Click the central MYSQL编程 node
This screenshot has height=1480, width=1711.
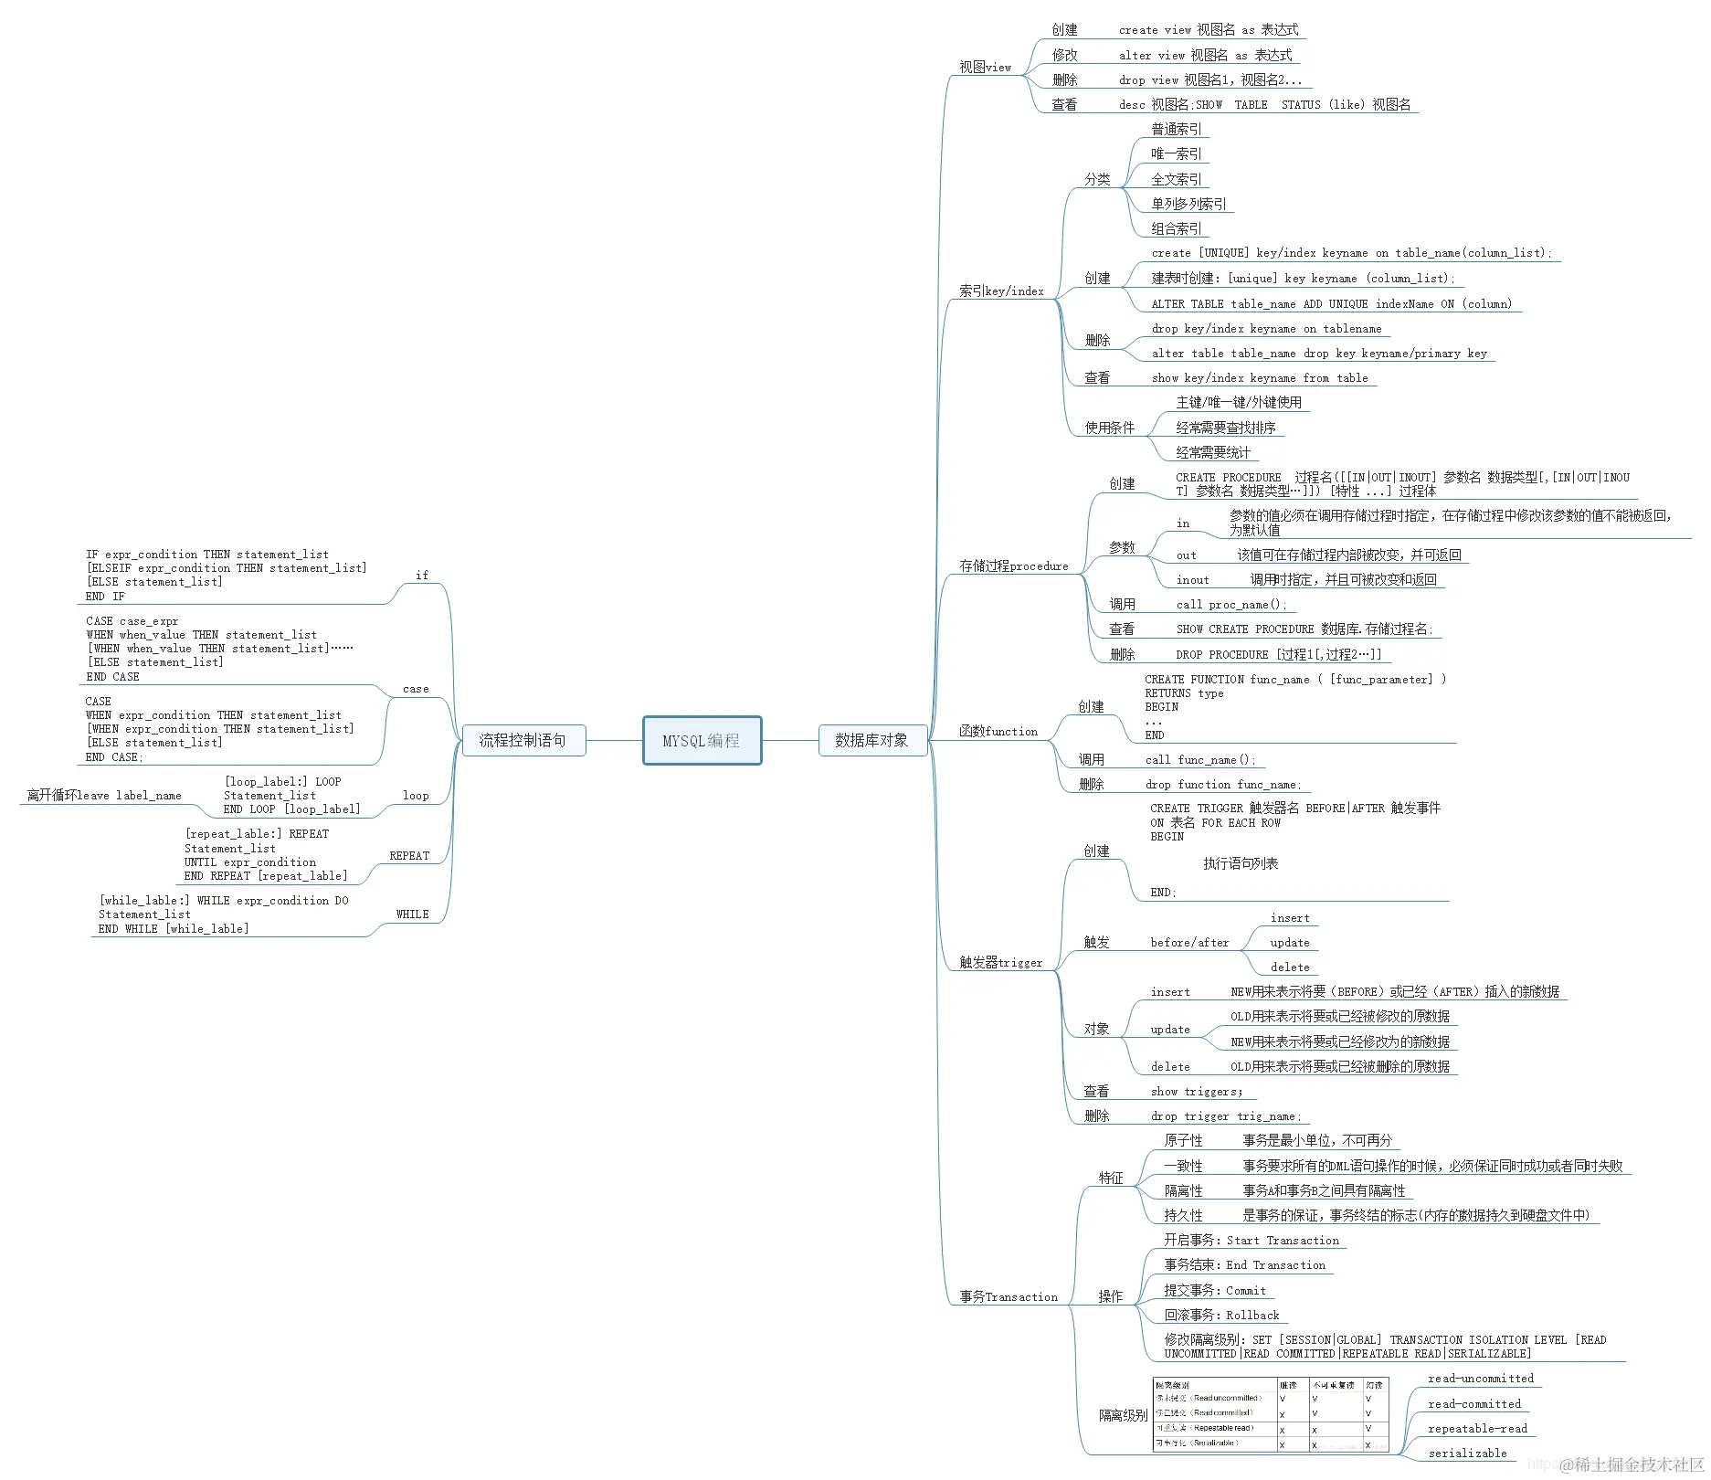click(x=702, y=741)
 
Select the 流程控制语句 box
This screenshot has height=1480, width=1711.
click(x=523, y=741)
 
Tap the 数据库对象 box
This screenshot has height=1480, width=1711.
click(x=871, y=741)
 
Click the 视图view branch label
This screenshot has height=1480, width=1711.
click(x=985, y=68)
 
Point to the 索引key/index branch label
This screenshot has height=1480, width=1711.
click(x=1001, y=291)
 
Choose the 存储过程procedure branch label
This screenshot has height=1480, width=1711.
click(x=1013, y=566)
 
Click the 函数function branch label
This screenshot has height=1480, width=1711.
click(x=998, y=732)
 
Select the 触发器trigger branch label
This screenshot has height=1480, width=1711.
click(x=1000, y=963)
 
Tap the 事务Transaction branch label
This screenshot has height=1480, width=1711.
click(x=1009, y=1297)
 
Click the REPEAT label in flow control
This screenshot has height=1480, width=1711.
click(x=409, y=856)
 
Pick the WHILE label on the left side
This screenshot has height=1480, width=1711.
click(x=412, y=914)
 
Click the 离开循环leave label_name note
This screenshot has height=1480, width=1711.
click(x=104, y=796)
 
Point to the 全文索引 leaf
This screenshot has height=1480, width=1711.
click(x=1177, y=180)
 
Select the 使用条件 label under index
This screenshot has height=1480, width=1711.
click(x=1109, y=428)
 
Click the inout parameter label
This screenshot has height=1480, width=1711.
click(x=1192, y=580)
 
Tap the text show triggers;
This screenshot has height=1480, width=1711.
click(x=1197, y=1092)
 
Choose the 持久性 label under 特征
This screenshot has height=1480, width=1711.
click(x=1183, y=1216)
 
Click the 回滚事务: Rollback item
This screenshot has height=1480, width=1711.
click(x=1221, y=1316)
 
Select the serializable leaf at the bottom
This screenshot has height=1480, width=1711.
click(x=1467, y=1454)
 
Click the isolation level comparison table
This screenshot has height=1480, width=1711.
click(x=1270, y=1414)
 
